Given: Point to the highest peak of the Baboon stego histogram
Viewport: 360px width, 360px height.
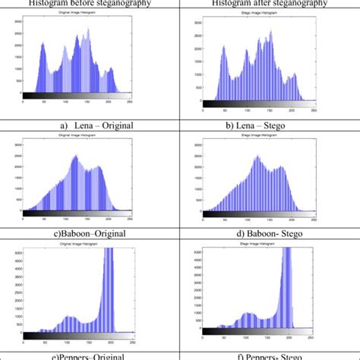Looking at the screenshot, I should pos(257,156).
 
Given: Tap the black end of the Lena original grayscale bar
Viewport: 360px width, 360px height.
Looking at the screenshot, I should pos(27,96).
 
